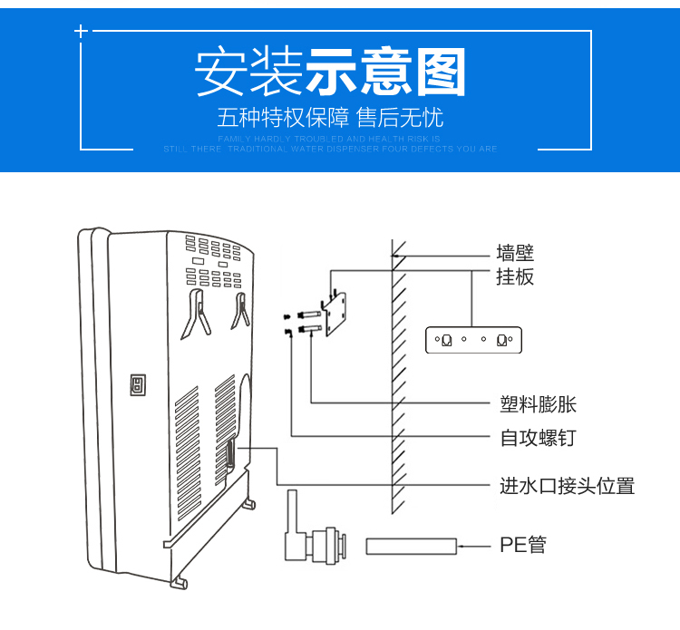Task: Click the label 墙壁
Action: point(515,253)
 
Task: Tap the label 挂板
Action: point(515,276)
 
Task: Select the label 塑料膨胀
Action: point(539,404)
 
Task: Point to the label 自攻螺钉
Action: point(539,438)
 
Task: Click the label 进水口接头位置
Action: point(568,486)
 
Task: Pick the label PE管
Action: point(523,546)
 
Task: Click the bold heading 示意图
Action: point(385,72)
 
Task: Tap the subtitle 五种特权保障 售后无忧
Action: point(330,119)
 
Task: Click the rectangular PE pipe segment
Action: point(410,546)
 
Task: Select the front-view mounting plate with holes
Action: point(475,340)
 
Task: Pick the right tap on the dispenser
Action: point(241,310)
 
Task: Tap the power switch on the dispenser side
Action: point(139,384)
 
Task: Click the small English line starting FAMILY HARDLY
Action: point(330,139)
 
